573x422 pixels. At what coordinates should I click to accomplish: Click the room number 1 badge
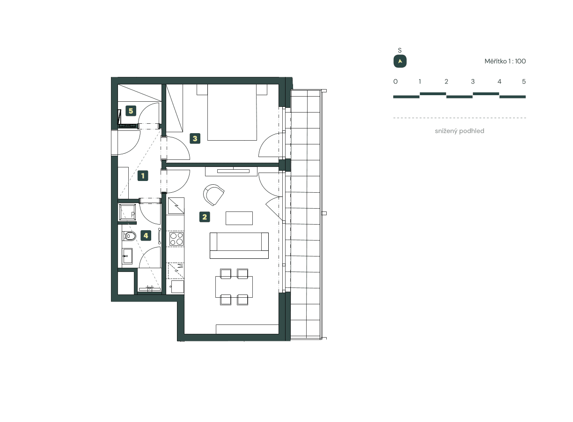[x=143, y=176]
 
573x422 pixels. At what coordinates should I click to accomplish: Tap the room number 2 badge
[x=205, y=217]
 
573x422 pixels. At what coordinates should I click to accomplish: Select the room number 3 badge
[x=195, y=138]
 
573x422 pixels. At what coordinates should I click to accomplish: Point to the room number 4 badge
[x=146, y=235]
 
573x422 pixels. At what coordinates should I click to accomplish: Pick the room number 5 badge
[x=131, y=111]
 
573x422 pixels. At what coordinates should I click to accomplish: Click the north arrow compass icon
[x=400, y=61]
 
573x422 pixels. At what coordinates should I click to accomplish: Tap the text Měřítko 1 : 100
[x=505, y=61]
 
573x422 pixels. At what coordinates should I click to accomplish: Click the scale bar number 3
[x=473, y=82]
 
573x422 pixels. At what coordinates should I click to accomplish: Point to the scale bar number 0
[x=396, y=82]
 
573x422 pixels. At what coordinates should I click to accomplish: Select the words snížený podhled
[x=459, y=131]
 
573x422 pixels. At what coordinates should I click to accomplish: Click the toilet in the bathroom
[x=129, y=236]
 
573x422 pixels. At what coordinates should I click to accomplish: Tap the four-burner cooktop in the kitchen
[x=176, y=239]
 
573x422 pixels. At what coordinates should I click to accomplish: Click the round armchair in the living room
[x=213, y=195]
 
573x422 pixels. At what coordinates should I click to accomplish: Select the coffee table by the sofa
[x=239, y=218]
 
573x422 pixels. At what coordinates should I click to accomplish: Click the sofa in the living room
[x=239, y=245]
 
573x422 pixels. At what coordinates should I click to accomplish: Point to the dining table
[x=234, y=286]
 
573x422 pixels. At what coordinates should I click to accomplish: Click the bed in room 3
[x=232, y=112]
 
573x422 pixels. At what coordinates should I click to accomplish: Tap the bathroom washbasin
[x=127, y=256]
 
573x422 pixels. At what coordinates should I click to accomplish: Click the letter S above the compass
[x=400, y=51]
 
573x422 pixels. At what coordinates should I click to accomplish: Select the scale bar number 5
[x=524, y=82]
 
